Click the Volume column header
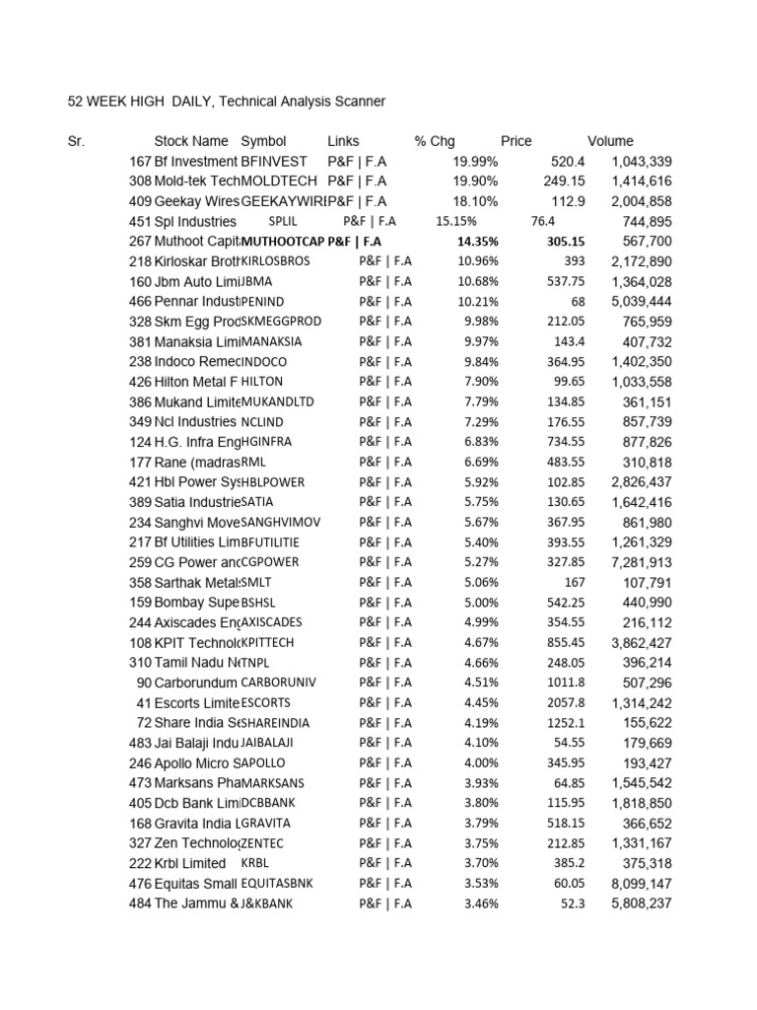610,141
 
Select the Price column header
516,141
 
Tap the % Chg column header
435,141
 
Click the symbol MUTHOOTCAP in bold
283,241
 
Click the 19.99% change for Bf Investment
475,161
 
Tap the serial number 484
140,903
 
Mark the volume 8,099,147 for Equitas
641,883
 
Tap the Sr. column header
76,141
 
